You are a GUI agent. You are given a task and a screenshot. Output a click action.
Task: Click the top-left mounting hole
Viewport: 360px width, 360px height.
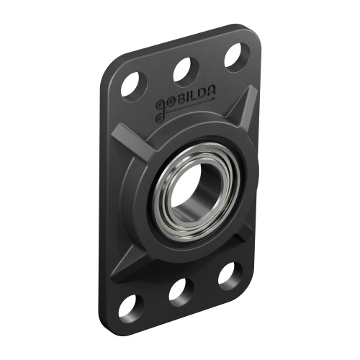coord(134,85)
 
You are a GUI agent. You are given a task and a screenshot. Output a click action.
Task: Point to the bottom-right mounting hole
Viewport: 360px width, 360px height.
coord(230,274)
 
